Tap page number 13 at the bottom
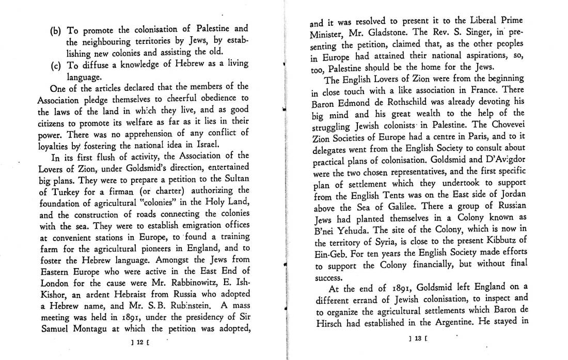pos(415,339)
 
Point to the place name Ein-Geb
pos(328,253)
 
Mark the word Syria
pos(399,242)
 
